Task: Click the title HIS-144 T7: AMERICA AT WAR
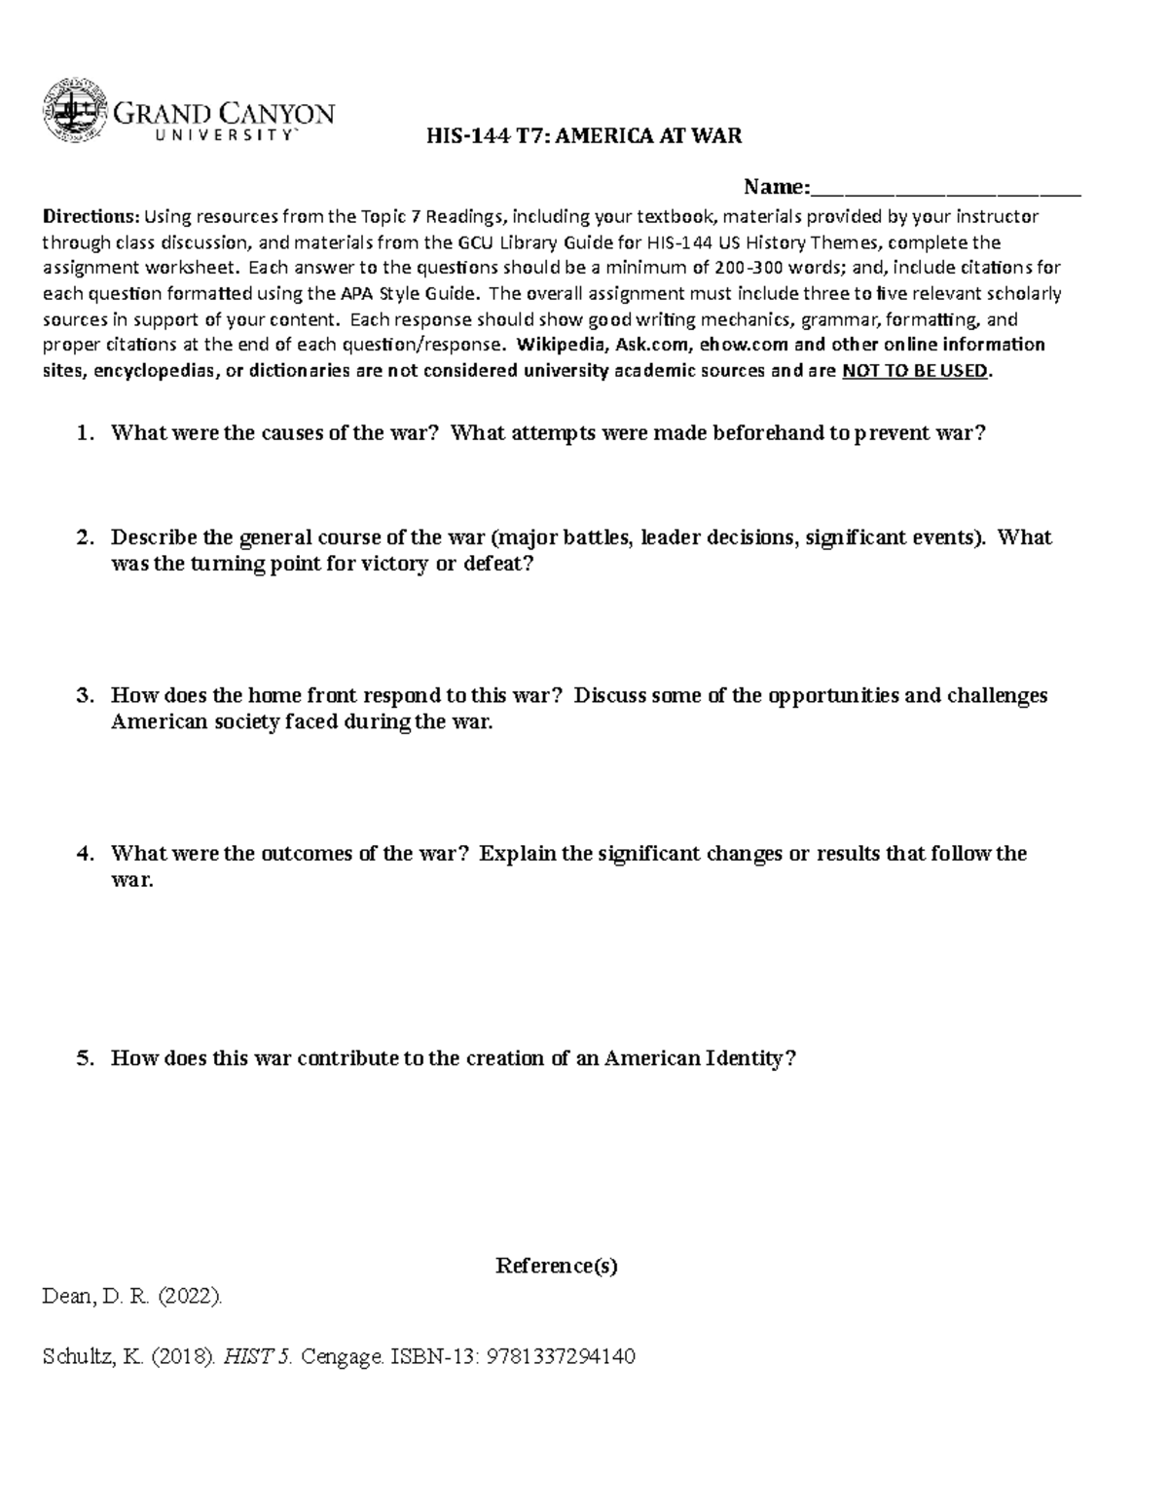point(584,136)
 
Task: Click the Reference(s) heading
point(557,1266)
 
